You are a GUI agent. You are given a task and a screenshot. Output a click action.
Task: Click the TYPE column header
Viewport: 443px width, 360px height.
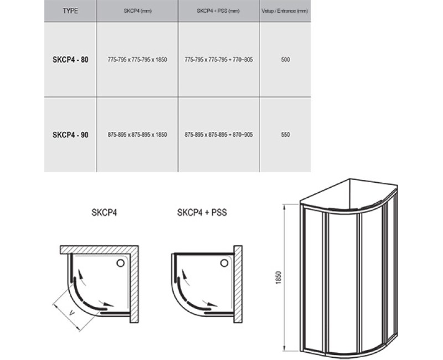tap(70, 11)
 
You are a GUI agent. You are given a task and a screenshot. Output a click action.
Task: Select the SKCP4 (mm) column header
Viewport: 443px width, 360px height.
tap(137, 11)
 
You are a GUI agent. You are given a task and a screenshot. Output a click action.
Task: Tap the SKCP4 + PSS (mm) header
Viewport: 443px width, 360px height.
tap(218, 11)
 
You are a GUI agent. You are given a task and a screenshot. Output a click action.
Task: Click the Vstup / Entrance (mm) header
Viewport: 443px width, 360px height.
tap(285, 11)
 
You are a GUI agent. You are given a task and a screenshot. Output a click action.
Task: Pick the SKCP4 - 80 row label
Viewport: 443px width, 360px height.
tap(70, 60)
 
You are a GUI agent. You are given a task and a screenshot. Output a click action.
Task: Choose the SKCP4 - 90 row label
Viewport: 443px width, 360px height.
tap(70, 135)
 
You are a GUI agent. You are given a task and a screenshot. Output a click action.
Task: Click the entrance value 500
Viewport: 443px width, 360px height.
tap(285, 60)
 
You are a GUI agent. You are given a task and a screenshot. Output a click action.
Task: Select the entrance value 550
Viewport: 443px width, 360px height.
tap(285, 135)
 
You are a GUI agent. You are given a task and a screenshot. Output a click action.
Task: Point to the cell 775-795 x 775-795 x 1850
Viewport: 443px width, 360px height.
tap(137, 60)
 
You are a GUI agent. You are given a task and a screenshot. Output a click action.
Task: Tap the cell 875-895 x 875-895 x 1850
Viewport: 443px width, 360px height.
tap(137, 135)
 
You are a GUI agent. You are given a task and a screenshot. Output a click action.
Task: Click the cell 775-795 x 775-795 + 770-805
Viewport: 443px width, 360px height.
tap(219, 60)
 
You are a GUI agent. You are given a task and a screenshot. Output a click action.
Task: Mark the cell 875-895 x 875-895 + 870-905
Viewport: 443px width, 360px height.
tap(219, 135)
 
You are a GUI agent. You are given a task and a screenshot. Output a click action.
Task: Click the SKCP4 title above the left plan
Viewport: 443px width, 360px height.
tap(104, 213)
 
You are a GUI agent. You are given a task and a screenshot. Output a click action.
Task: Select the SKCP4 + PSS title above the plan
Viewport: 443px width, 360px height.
tap(202, 213)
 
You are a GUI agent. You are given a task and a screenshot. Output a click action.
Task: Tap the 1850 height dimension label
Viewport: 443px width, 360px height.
tap(279, 277)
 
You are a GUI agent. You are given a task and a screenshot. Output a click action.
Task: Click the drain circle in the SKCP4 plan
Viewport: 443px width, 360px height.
tap(121, 263)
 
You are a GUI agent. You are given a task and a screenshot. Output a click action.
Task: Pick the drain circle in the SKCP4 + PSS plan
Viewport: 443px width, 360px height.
tap(224, 263)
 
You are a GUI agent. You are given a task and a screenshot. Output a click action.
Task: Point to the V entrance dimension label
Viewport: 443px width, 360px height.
tap(72, 313)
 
